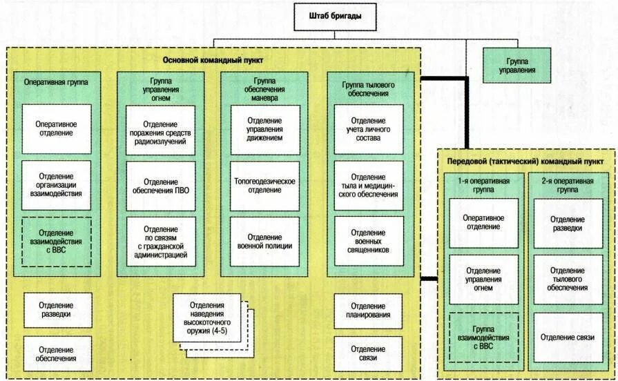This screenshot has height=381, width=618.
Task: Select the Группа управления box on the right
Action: tap(517, 66)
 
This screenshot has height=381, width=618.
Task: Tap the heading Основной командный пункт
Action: tap(213, 60)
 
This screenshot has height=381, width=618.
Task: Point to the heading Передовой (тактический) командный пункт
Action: tap(525, 161)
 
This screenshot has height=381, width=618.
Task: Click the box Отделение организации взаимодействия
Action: tap(56, 185)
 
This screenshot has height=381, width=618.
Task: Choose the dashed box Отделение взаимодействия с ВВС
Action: tap(56, 242)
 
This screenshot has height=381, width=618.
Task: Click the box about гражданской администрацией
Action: tap(160, 242)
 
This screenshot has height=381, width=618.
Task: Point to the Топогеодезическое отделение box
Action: tap(264, 186)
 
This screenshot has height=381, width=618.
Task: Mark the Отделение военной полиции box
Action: tap(264, 241)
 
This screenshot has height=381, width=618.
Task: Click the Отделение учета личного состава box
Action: tap(368, 129)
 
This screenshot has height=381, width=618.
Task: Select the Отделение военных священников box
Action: tap(368, 241)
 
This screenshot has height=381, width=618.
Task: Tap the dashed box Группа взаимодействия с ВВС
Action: tap(483, 338)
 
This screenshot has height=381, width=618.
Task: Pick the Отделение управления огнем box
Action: tap(483, 279)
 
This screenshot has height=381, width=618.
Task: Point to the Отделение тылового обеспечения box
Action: tap(568, 279)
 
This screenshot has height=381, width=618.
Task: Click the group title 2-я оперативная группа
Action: tap(568, 184)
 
